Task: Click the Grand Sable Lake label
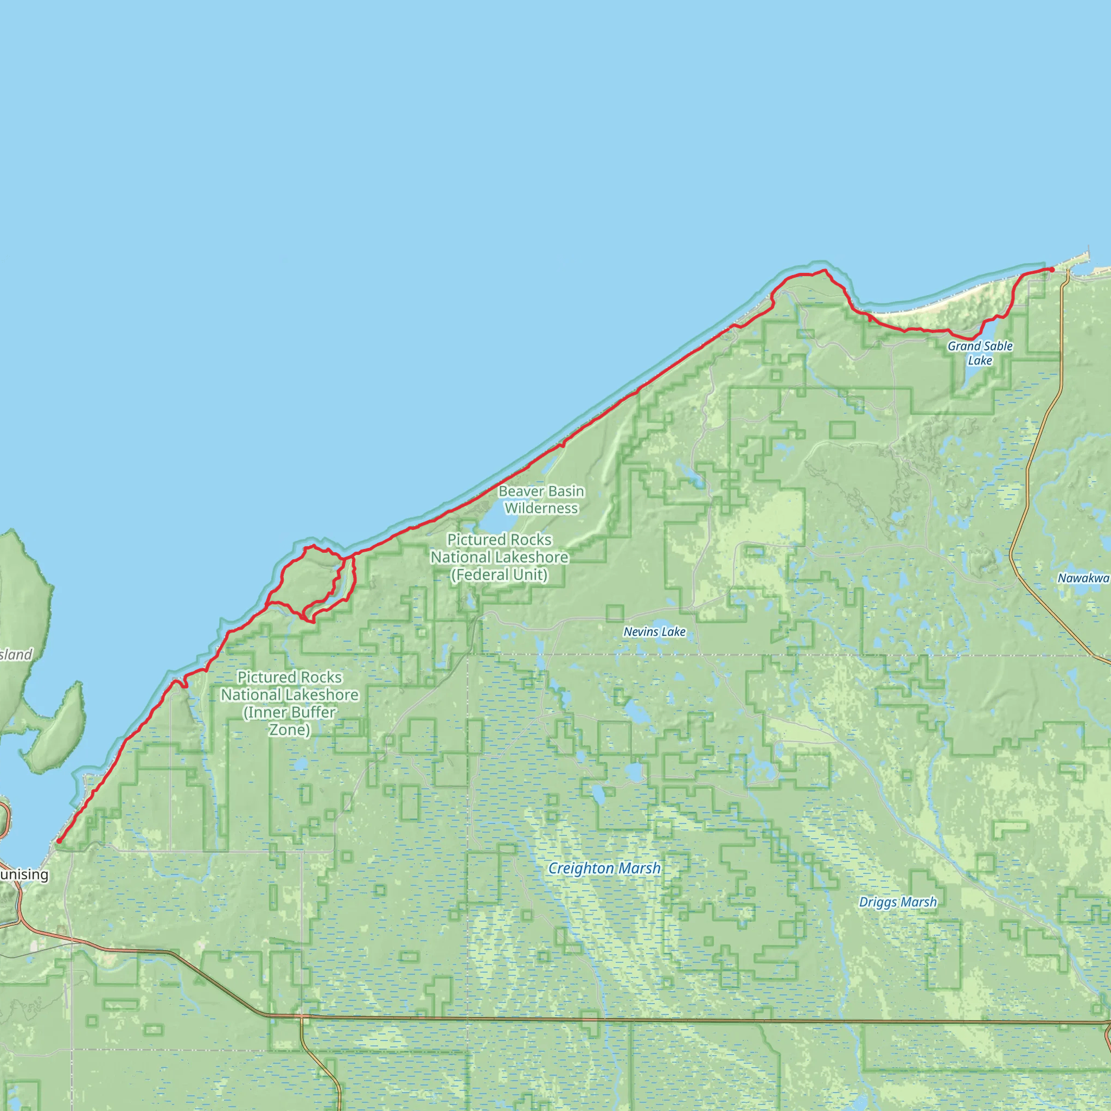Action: pos(980,353)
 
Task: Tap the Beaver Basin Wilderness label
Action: pos(541,500)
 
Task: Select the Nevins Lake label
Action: pos(654,631)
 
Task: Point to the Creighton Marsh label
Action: pos(604,868)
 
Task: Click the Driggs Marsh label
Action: pos(898,902)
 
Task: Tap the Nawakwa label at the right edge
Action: pos(1084,578)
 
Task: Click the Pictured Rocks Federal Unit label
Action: pos(499,557)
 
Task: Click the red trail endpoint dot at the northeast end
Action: pos(1052,270)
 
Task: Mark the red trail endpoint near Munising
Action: pos(59,841)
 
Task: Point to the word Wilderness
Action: pos(541,508)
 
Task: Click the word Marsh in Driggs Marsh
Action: pos(918,902)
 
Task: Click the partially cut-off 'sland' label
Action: pos(16,654)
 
